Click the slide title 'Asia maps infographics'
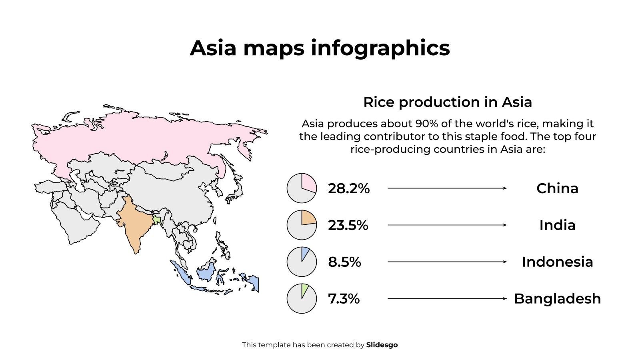pos(320,48)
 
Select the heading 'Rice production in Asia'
pos(447,102)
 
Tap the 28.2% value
pos(348,188)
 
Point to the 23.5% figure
pos(348,225)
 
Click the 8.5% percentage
pos(344,262)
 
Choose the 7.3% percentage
pos(344,299)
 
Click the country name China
pos(557,188)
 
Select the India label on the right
pos(557,225)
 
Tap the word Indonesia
pos(557,262)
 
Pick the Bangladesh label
pos(557,299)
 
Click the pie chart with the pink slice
pos(302,188)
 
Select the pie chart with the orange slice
pos(302,225)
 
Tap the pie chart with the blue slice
pos(302,262)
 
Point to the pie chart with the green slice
pos(302,299)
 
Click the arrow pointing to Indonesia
pos(447,262)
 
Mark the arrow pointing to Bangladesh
pos(447,299)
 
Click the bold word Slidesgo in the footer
pos(382,345)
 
